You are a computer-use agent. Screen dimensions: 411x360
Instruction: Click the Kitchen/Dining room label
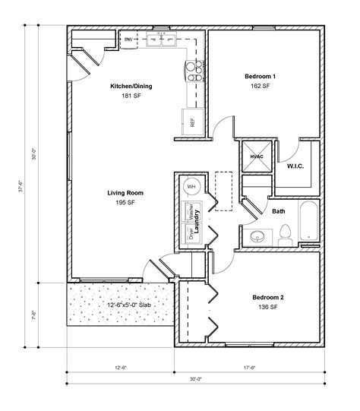click(131, 87)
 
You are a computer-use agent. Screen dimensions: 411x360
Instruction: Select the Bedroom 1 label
click(260, 77)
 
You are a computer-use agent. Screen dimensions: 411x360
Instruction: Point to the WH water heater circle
click(191, 187)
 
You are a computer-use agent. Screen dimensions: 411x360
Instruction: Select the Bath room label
click(279, 211)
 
